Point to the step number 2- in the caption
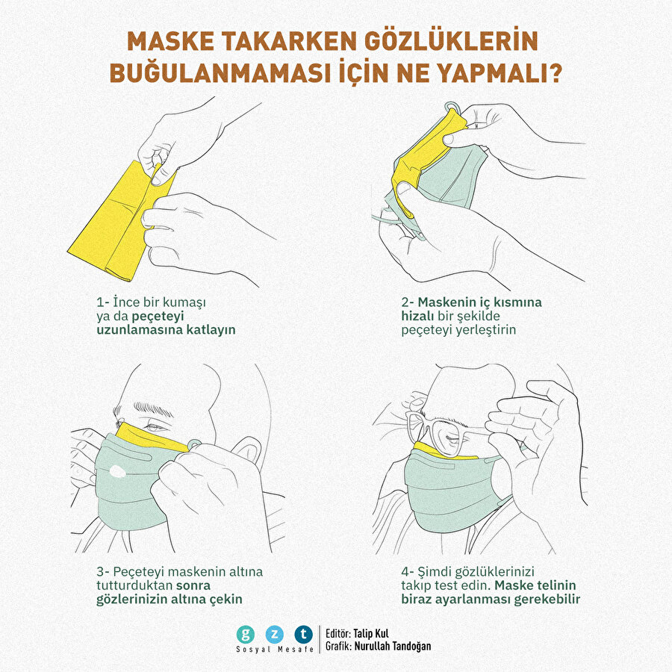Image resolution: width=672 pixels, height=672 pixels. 408,302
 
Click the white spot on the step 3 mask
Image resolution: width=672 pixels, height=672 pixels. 117,471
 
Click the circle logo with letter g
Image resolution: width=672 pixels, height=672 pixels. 245,635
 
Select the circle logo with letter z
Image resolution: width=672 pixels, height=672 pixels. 274,635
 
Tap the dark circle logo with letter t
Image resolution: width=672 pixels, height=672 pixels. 303,635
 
